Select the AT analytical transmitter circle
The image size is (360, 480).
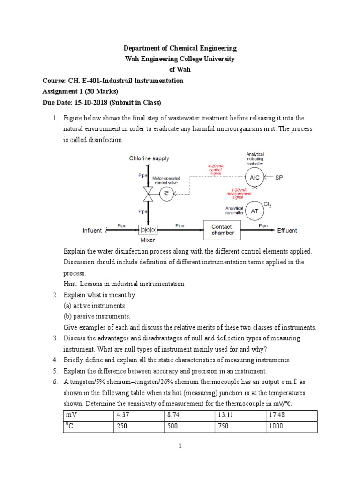[x=255, y=210]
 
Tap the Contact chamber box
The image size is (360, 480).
[x=223, y=230]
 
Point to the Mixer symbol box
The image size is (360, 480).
[x=148, y=230]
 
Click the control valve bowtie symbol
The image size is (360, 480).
[x=148, y=193]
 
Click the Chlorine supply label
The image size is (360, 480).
[x=149, y=158]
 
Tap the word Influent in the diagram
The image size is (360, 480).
[x=92, y=230]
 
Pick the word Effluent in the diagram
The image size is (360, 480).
[x=287, y=231]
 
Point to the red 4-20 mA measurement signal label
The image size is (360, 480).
[x=239, y=193]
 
